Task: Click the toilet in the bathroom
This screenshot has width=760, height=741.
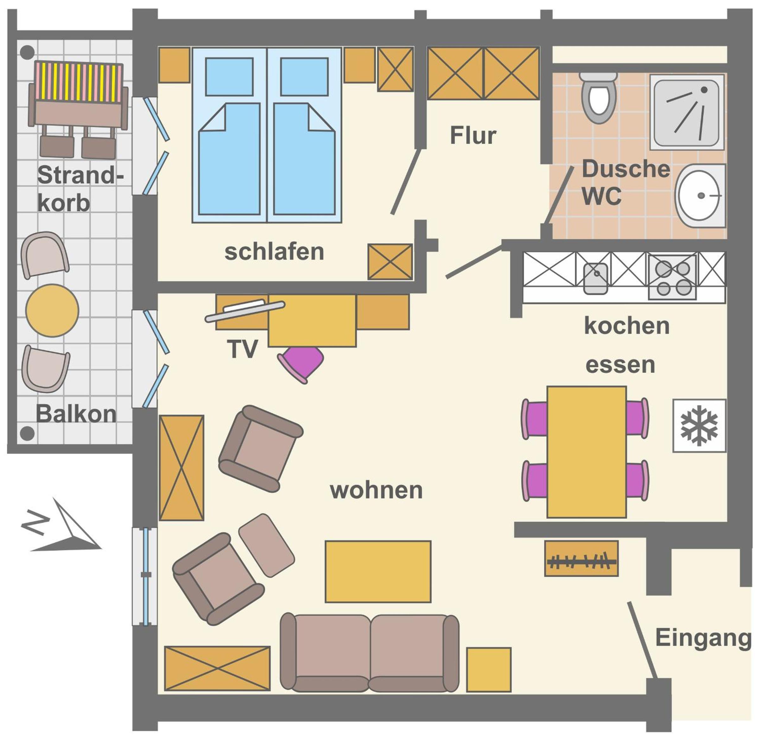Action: (598, 97)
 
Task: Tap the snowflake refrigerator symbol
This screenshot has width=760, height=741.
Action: (699, 425)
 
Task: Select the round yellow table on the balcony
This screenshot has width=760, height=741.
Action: (52, 311)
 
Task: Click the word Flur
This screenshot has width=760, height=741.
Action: (473, 135)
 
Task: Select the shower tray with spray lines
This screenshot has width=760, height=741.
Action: (687, 112)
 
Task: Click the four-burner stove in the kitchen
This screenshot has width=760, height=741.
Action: (672, 277)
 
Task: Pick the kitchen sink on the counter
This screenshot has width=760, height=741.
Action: (596, 278)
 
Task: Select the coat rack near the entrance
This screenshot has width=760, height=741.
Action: (581, 558)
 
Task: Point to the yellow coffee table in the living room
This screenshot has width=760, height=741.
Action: (378, 572)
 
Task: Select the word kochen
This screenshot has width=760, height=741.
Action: (627, 326)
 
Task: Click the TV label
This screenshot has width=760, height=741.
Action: (243, 349)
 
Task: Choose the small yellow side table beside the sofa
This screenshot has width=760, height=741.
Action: (489, 670)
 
